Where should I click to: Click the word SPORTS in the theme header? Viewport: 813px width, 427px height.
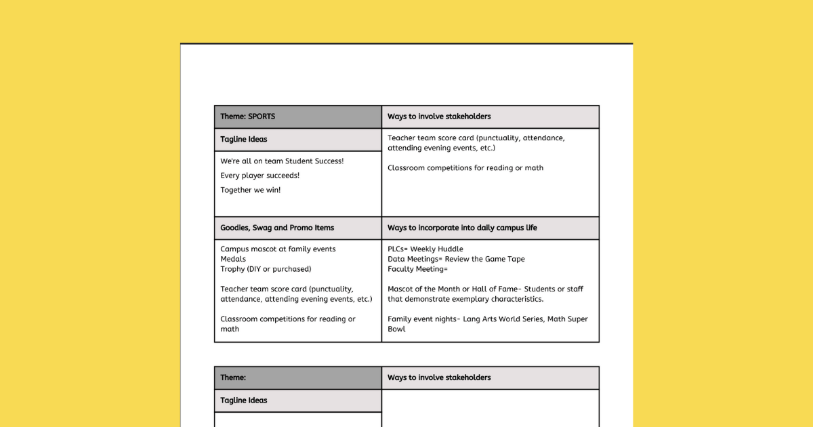(262, 117)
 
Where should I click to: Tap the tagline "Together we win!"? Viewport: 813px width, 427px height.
(251, 190)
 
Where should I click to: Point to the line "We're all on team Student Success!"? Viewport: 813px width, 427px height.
(282, 161)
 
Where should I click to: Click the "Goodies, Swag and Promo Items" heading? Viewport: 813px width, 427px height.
(277, 228)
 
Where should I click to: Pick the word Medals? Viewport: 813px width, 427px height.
(233, 259)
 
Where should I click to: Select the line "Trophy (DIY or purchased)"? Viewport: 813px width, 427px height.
(266, 269)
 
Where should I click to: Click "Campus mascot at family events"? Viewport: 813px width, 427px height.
(278, 249)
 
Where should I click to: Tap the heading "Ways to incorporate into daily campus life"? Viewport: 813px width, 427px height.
(462, 228)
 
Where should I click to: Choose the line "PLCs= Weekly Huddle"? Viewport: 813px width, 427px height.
(425, 249)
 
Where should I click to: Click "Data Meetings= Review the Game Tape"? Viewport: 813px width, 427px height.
(456, 259)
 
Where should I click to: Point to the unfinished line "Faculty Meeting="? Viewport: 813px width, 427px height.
(417, 269)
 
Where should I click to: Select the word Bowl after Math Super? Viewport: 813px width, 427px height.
(396, 329)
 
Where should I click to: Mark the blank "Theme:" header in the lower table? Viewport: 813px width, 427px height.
(233, 378)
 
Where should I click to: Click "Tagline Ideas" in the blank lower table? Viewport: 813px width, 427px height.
(244, 401)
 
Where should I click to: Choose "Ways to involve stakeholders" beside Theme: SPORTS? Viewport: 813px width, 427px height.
(439, 117)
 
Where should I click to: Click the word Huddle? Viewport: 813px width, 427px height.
(450, 249)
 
